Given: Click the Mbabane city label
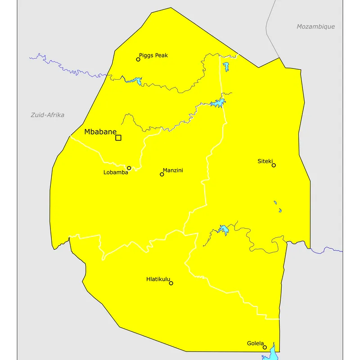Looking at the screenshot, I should [x=100, y=132].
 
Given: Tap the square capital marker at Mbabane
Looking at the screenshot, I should [x=118, y=138].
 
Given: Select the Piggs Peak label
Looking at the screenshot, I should [x=153, y=55].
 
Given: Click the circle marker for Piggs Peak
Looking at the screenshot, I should [x=138, y=59].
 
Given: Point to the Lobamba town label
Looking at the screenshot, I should [x=116, y=172].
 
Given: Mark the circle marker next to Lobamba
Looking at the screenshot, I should [x=129, y=168].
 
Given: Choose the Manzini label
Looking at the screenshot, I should [x=173, y=170].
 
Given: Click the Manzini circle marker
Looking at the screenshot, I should [x=162, y=174].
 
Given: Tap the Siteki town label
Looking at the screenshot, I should [x=265, y=161].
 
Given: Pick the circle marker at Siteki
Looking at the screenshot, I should [x=274, y=165].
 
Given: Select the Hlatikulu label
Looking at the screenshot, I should [x=158, y=279].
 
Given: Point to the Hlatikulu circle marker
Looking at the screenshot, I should [x=171, y=283].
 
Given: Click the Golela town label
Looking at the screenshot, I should [x=255, y=343].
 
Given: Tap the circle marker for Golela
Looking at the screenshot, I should [x=265, y=347].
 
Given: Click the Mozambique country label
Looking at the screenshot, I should [x=315, y=27].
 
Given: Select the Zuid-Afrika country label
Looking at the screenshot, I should [x=47, y=115].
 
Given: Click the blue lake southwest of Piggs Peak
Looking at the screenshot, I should [x=135, y=81].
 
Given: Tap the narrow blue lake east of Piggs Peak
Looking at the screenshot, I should [x=225, y=67].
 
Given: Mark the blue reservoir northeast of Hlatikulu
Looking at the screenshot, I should [x=223, y=230].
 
